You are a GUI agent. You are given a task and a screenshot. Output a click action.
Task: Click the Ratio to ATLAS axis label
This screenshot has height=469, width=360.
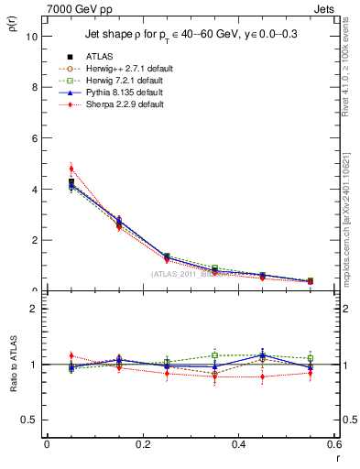click(12, 362)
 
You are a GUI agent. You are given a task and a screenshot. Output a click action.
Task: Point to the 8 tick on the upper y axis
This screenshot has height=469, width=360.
click(34, 88)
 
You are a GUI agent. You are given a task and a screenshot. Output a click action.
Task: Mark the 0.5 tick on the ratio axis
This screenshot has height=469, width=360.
click(30, 420)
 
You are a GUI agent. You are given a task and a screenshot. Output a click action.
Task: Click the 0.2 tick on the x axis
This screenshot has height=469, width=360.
click(142, 444)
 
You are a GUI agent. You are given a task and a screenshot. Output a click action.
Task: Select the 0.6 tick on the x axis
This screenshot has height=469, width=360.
click(333, 444)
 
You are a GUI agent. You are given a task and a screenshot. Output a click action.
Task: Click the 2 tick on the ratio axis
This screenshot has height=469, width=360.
click(34, 309)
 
